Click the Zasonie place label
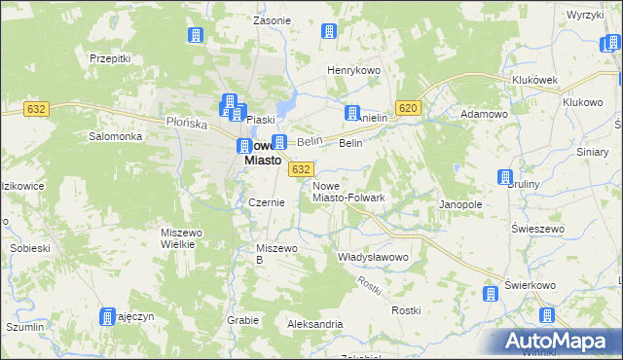pyautogui.click(x=272, y=20)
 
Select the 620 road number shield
pyautogui.click(x=408, y=108)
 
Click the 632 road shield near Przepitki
pyautogui.click(x=38, y=109)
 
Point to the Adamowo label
pyautogui.click(x=485, y=114)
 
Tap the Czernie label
pyautogui.click(x=266, y=202)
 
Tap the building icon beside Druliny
pyautogui.click(x=505, y=178)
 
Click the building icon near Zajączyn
pyautogui.click(x=107, y=316)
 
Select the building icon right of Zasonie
pyautogui.click(x=328, y=31)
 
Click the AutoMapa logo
pyautogui.click(x=558, y=342)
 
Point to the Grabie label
pyautogui.click(x=243, y=319)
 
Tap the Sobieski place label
pyautogui.click(x=30, y=248)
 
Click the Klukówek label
pyautogui.click(x=532, y=81)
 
